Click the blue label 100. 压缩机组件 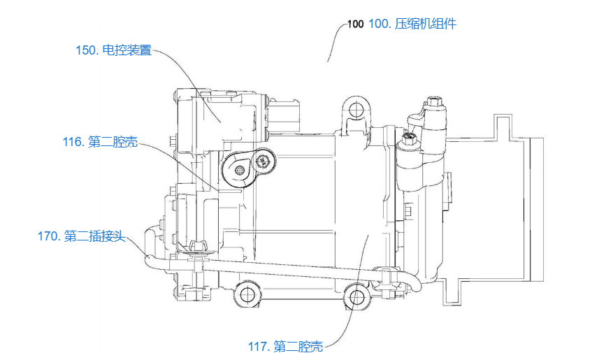412,24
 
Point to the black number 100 356,24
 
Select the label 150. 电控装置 114,50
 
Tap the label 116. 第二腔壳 100,142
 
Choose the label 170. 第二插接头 82,236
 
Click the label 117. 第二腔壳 285,346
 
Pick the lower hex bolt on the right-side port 408,139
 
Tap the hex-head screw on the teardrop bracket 262,161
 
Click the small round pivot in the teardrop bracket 240,170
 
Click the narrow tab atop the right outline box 503,124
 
